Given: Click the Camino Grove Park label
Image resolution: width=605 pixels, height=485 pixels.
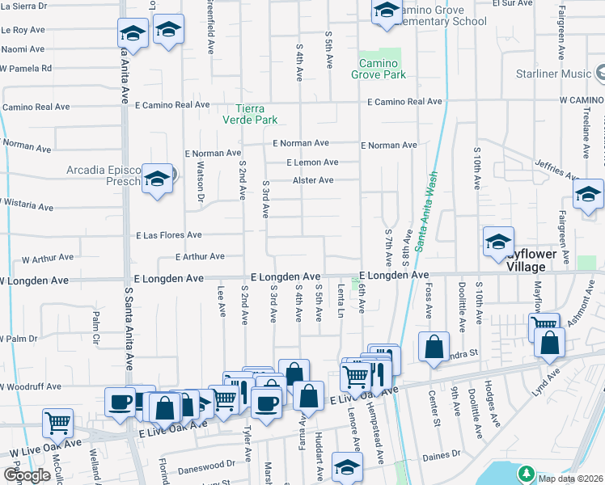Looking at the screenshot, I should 378,69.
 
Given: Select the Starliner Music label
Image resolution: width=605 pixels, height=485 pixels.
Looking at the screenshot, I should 555,74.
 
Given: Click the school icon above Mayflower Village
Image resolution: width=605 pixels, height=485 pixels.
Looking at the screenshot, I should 499,241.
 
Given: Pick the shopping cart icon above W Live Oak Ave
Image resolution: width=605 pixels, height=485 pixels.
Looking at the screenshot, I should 57,421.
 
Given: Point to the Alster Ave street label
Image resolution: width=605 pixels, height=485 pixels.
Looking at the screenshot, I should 313,180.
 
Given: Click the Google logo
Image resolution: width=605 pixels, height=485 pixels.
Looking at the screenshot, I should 26,475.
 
